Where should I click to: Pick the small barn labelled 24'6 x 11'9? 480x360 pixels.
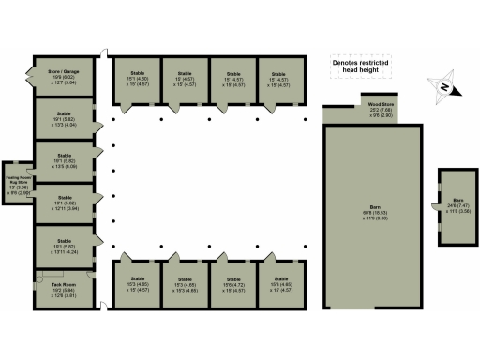point(457,206)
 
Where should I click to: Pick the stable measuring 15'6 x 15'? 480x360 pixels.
point(232,284)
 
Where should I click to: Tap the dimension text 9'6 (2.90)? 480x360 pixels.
point(380,115)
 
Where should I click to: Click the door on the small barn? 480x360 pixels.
point(437,206)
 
